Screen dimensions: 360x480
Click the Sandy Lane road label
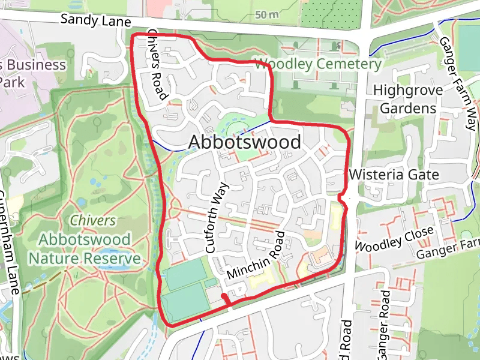(96, 21)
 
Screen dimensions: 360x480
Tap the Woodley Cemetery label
(317, 64)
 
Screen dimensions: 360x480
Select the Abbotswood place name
(245, 142)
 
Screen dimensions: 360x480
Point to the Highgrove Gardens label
(408, 99)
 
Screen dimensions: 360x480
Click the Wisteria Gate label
(394, 175)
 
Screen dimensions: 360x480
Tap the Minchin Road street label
(254, 254)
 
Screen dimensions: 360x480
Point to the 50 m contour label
(267, 14)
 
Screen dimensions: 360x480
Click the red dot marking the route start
(224, 296)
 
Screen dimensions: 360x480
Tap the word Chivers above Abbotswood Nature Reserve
(92, 220)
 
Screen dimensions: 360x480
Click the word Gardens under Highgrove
(408, 109)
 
